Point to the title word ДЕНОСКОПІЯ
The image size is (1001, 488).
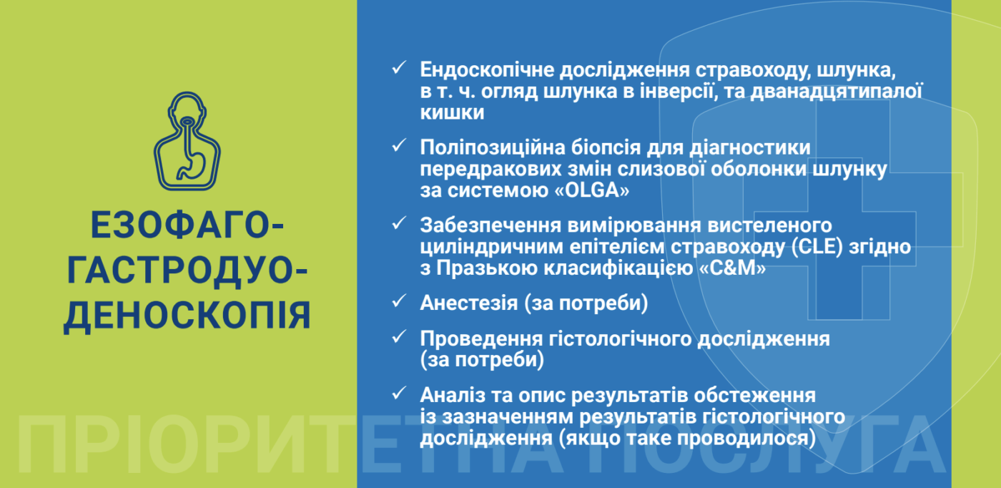(x=187, y=316)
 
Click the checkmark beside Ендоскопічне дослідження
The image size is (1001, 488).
(x=398, y=69)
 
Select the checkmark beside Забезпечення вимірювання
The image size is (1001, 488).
(x=398, y=224)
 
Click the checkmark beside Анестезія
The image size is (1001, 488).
(x=398, y=301)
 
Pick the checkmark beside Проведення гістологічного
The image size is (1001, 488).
(x=398, y=336)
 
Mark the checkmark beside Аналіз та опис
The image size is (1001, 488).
(x=398, y=394)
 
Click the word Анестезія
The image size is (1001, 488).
(x=468, y=303)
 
